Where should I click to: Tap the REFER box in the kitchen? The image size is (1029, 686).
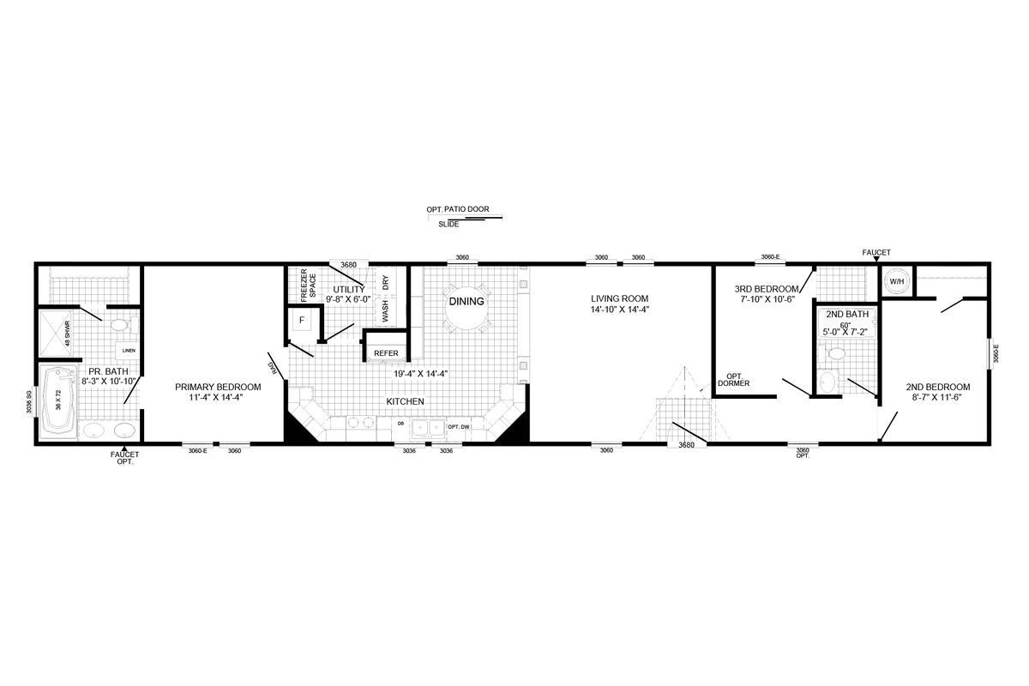[386, 352]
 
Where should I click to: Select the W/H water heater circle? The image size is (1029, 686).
[896, 281]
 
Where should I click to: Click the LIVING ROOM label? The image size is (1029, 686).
[617, 298]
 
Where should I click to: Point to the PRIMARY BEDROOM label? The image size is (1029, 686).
[218, 387]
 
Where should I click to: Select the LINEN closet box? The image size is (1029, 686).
[129, 351]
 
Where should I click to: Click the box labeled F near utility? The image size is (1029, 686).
[301, 321]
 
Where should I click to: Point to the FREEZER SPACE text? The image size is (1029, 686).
[308, 286]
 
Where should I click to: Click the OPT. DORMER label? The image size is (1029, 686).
[733, 380]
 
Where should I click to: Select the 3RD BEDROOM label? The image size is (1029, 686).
[766, 289]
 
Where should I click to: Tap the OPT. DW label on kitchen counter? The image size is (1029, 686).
[459, 426]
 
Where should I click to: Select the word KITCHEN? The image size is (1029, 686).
[404, 401]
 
